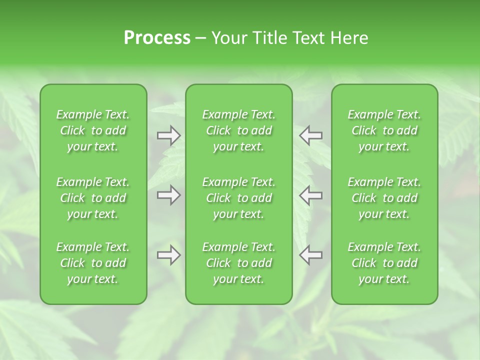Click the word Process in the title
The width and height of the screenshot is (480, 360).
(x=157, y=38)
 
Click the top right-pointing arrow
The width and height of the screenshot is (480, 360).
(x=169, y=135)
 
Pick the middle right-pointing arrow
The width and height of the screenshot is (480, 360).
(x=169, y=195)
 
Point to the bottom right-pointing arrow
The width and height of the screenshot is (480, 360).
(x=169, y=255)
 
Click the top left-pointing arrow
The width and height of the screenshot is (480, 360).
(x=311, y=135)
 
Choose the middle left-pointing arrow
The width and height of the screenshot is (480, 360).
(x=311, y=195)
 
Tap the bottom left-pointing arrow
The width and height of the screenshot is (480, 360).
(x=311, y=255)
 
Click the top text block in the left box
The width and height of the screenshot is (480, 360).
(x=93, y=130)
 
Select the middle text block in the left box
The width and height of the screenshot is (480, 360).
(x=93, y=198)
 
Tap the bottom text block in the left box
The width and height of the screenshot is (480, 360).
(x=93, y=263)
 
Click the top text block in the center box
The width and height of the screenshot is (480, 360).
(x=239, y=130)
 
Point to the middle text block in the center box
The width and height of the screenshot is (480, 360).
(x=239, y=198)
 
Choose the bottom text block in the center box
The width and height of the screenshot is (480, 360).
(x=239, y=263)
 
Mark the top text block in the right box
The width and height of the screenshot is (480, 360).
(x=384, y=130)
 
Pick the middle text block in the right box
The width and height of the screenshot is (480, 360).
(x=384, y=198)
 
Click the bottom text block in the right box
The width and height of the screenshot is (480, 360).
(x=384, y=263)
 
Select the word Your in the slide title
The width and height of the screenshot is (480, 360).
(x=228, y=38)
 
